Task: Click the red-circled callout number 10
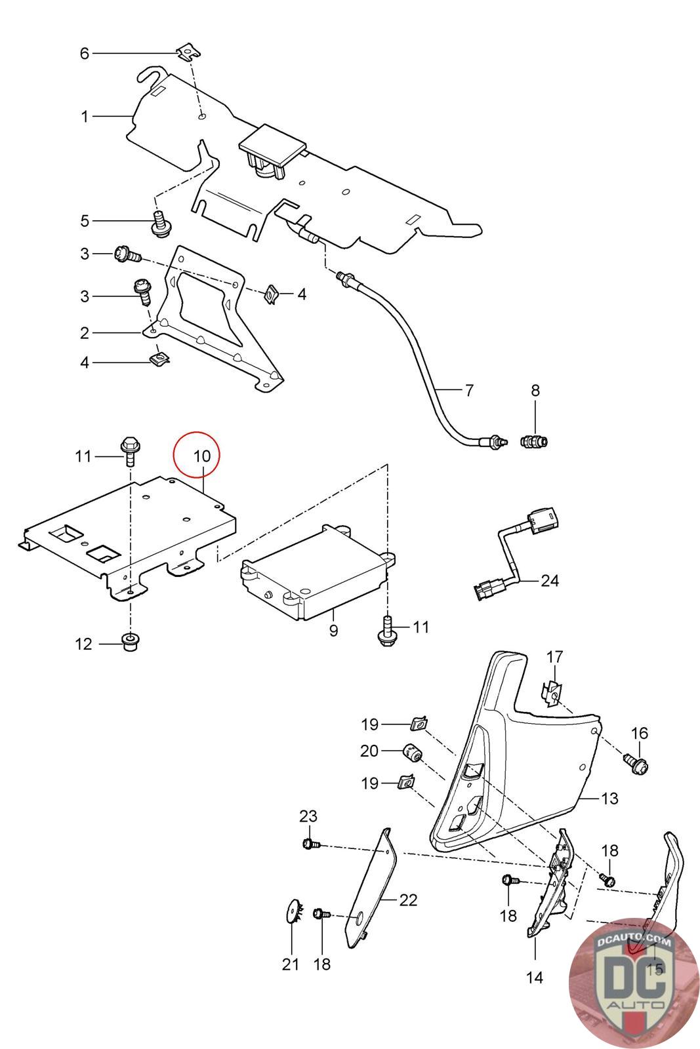[202, 456]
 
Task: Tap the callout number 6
[84, 53]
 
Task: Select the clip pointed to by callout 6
[188, 50]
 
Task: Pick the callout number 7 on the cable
[468, 391]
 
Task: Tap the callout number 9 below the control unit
[333, 631]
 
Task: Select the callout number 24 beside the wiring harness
[550, 580]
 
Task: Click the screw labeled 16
[636, 762]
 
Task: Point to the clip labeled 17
[552, 693]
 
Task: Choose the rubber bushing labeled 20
[412, 753]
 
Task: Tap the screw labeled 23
[309, 844]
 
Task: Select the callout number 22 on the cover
[408, 900]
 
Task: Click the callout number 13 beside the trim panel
[609, 799]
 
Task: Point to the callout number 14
[535, 978]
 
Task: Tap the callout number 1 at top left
[84, 117]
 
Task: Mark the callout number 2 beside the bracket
[84, 333]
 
